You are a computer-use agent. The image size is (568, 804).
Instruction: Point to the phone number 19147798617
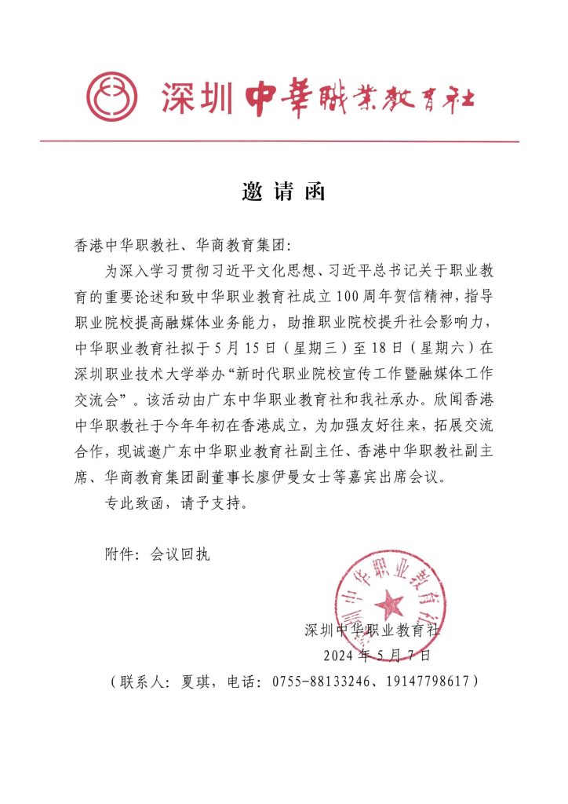coord(424,681)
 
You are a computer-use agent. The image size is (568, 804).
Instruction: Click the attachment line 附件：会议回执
coord(157,554)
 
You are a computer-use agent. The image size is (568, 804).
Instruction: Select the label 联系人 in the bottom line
coord(142,681)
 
